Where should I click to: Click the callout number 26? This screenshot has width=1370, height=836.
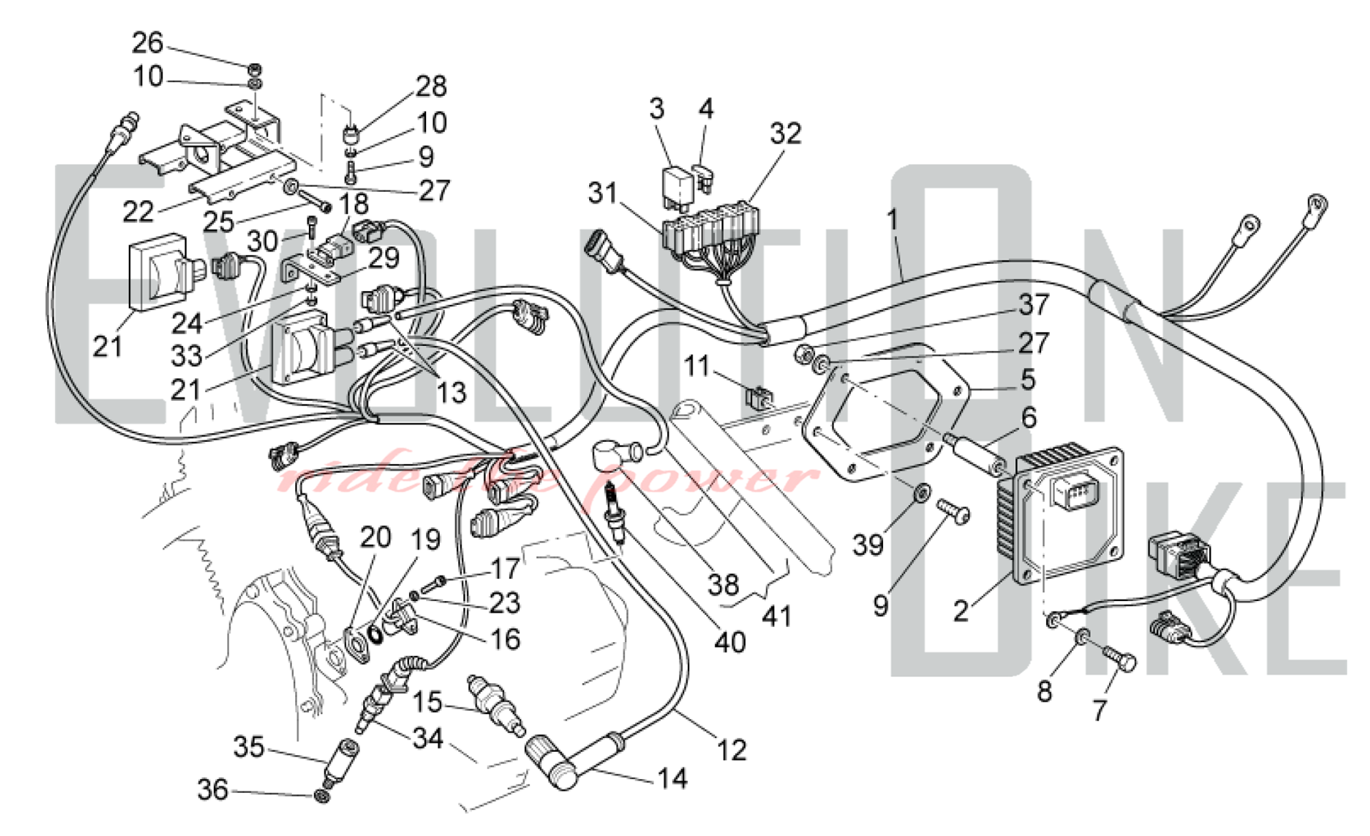147,43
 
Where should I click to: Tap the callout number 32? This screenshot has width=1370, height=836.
785,134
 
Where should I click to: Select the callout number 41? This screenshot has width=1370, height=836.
776,617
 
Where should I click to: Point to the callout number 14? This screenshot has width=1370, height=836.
672,778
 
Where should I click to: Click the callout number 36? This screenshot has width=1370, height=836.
212,789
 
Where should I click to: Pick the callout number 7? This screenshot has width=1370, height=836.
1099,711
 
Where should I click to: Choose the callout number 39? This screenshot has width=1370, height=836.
868,545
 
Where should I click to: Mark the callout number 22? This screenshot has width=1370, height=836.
138,212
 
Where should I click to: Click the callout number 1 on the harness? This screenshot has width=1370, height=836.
892,219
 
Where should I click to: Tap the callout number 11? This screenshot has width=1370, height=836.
697,366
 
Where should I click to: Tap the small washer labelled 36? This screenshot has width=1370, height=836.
321,796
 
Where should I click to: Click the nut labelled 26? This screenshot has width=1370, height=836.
254,69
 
